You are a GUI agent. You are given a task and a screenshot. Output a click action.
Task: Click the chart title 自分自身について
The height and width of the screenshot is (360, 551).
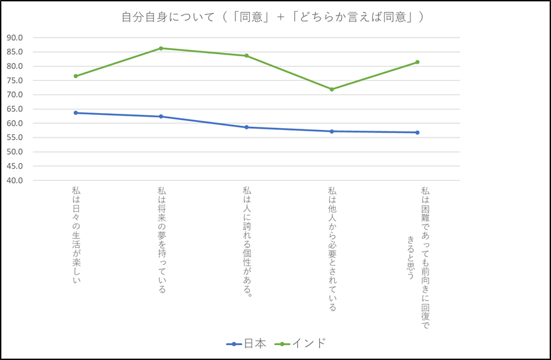click(272, 17)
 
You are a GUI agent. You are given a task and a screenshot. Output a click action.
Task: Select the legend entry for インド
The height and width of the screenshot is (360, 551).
click(302, 343)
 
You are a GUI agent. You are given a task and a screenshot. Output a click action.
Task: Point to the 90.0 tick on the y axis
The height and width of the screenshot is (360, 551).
click(14, 37)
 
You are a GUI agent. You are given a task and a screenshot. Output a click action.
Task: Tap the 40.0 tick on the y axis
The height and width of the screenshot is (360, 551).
click(14, 181)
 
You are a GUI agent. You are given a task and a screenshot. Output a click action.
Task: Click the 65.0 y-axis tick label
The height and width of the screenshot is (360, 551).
click(14, 109)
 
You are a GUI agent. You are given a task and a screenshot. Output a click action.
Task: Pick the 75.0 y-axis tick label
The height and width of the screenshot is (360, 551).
click(14, 81)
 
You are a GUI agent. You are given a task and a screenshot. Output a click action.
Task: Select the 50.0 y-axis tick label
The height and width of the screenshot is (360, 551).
click(14, 152)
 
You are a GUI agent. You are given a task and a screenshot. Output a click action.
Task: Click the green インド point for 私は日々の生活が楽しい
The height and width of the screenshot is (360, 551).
click(76, 76)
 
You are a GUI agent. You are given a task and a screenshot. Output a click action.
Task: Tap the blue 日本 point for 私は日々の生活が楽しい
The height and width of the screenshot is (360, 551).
click(76, 113)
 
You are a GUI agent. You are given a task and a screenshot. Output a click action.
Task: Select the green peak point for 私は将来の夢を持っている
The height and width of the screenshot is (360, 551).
click(161, 48)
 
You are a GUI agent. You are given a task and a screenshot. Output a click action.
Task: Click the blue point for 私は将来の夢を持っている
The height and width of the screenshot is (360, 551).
click(161, 116)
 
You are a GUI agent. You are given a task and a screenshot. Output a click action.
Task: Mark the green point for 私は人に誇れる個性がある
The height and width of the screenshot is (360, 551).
click(247, 56)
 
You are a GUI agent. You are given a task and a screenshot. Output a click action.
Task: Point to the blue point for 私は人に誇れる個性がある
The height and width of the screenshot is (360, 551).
click(247, 127)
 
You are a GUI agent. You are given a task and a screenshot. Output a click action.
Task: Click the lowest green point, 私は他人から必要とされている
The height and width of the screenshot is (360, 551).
click(332, 89)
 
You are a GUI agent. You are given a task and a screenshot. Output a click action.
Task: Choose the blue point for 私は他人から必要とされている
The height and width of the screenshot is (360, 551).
click(332, 131)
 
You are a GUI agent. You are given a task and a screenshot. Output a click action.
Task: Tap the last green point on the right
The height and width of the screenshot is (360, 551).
click(417, 62)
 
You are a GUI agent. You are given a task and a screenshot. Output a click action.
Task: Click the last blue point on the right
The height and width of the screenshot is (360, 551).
click(417, 132)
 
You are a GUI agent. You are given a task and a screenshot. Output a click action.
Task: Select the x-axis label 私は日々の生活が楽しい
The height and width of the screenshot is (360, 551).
click(76, 234)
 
